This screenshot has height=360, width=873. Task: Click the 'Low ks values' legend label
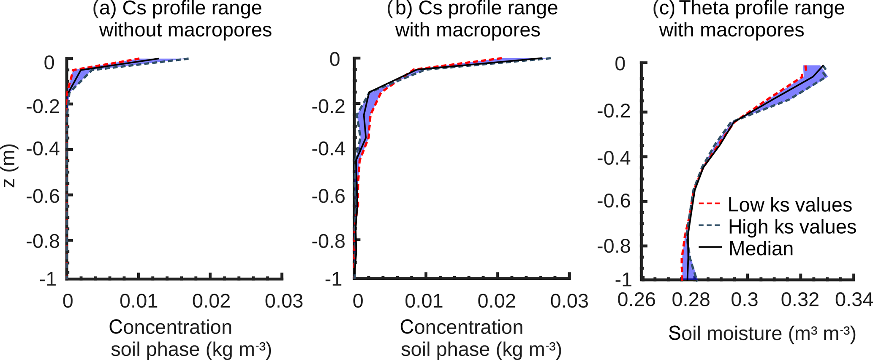point(790,205)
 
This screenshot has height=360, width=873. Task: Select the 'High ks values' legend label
point(792,227)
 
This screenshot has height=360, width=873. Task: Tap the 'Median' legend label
point(761,249)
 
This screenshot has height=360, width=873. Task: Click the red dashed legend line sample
point(710,204)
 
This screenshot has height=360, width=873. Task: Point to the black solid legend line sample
point(710,247)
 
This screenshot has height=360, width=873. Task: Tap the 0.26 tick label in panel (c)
point(636,300)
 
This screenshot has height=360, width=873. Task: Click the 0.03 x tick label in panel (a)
point(284,301)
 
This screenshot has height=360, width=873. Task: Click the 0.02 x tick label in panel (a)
point(211,301)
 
